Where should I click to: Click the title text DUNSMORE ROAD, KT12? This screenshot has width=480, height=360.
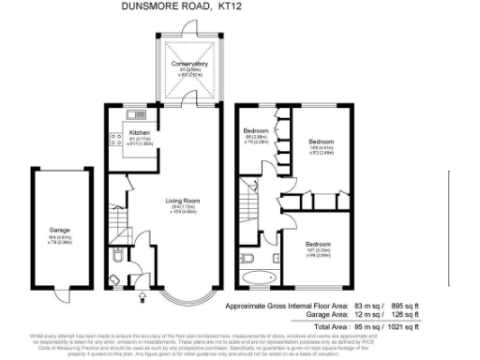click(x=187, y=7)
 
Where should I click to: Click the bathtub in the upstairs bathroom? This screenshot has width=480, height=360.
click(x=256, y=277)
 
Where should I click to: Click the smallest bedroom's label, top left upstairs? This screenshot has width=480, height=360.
click(x=256, y=130)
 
